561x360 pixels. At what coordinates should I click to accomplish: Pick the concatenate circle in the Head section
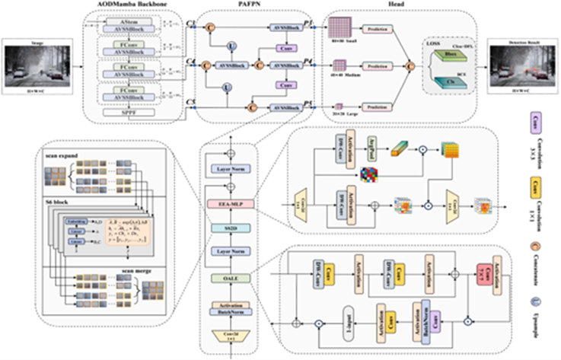[411, 68]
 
